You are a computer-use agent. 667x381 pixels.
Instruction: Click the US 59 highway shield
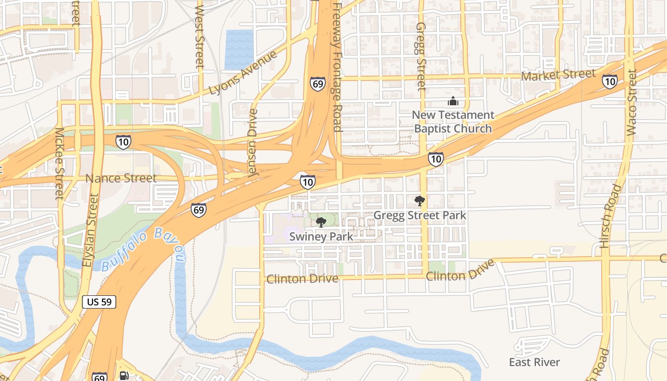coord(99,301)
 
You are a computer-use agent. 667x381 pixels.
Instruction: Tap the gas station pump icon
coord(123,376)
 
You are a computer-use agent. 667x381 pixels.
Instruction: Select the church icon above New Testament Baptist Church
coord(453,101)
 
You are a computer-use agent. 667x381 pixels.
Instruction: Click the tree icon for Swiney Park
coord(321,222)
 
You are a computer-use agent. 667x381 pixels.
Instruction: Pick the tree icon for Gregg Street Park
coord(419,201)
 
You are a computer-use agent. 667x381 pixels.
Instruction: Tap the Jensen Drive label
coord(253,143)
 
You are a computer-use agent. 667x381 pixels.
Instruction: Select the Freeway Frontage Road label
coord(336,67)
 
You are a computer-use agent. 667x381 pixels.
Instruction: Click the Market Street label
coord(558,75)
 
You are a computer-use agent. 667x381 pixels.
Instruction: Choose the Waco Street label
coord(632,102)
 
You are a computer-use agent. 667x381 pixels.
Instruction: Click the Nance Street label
coord(121,178)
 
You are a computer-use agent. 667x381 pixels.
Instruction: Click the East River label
coord(535,362)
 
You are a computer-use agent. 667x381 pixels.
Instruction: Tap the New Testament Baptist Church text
coord(453,122)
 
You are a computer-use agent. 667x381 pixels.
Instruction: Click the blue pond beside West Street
coord(240,50)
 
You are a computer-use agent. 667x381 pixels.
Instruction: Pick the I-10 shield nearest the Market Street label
coord(609,81)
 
